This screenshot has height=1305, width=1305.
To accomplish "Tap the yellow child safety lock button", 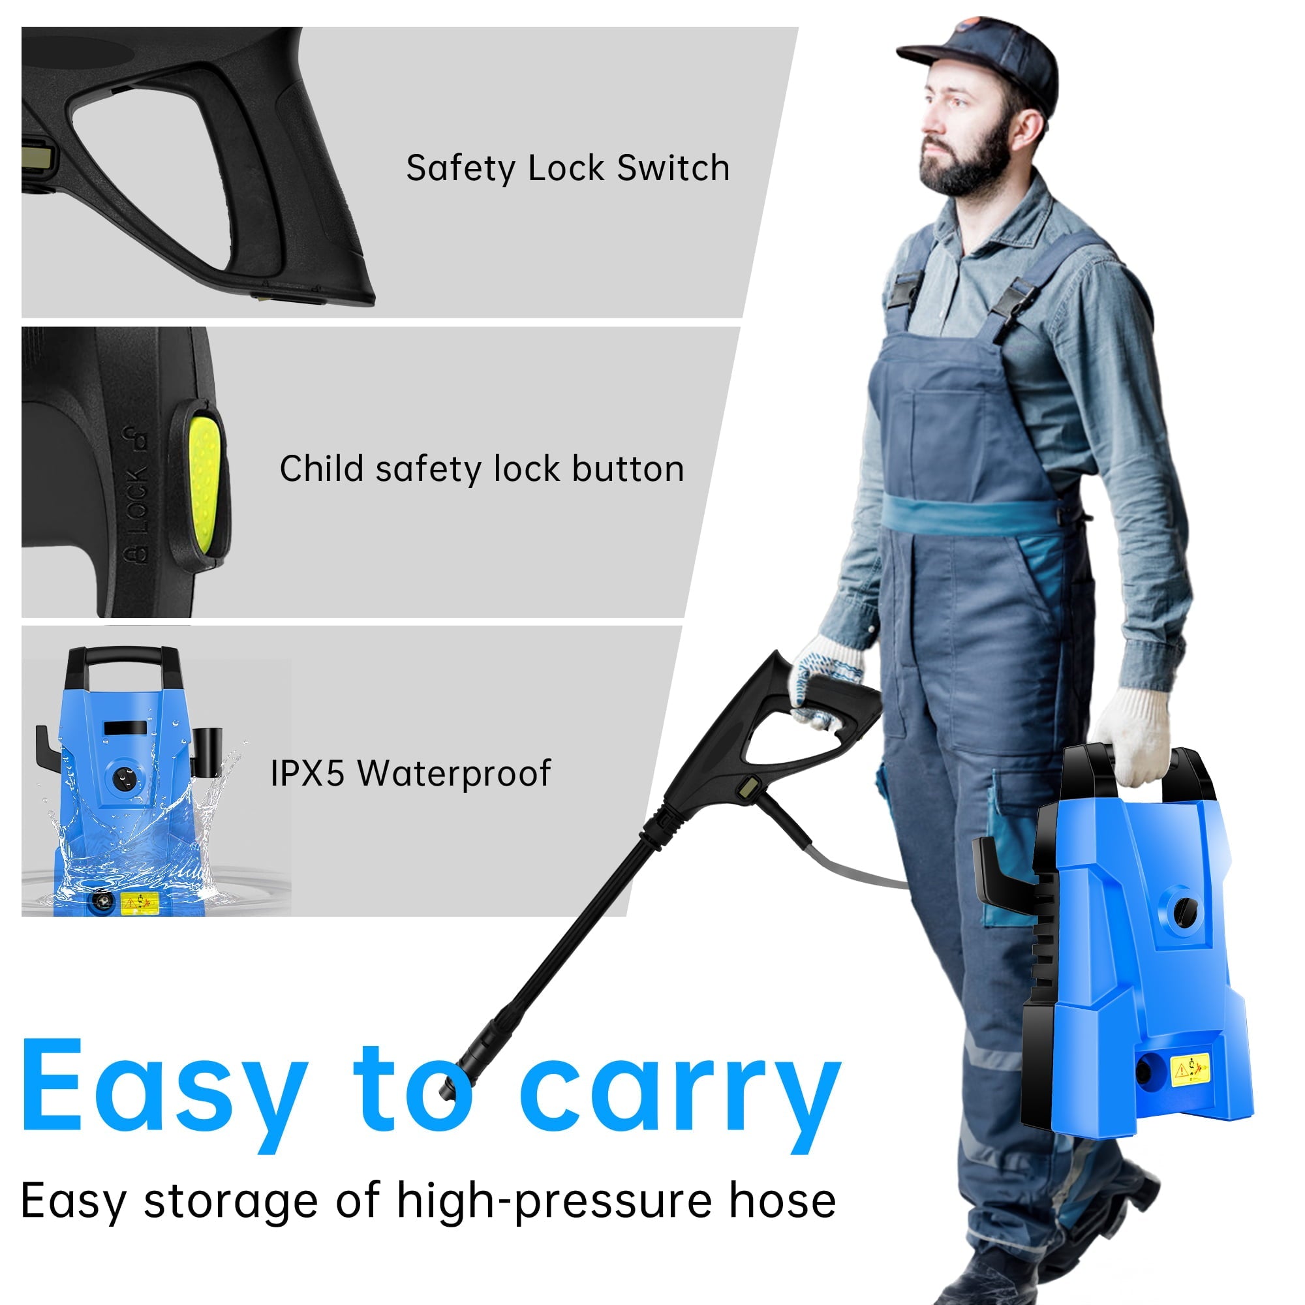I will point(204,480).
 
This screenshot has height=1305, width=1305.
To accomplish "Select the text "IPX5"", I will point(308,773).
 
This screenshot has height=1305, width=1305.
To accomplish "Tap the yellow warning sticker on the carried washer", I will point(1190,1069).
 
